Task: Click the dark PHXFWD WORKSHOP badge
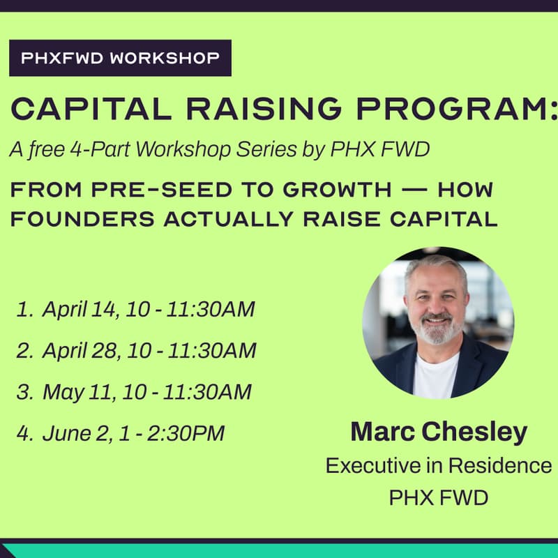point(120,58)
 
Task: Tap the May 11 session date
point(77,392)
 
